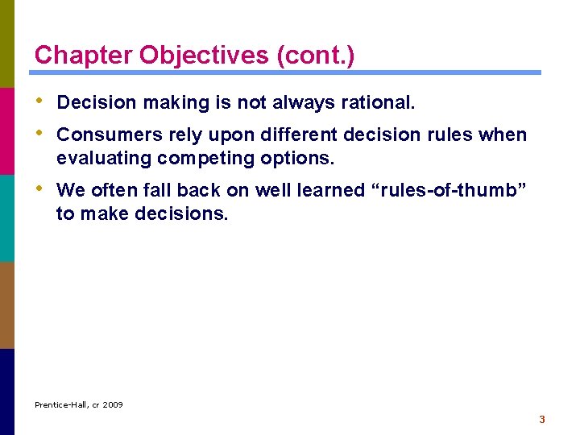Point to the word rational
click(377, 103)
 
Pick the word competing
click(207, 158)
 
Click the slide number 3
click(542, 419)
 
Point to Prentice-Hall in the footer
click(61, 404)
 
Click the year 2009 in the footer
click(112, 404)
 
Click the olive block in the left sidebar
click(7, 43)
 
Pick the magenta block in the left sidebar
click(7, 130)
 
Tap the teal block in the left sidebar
click(7, 217)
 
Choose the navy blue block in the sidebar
click(7, 391)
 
